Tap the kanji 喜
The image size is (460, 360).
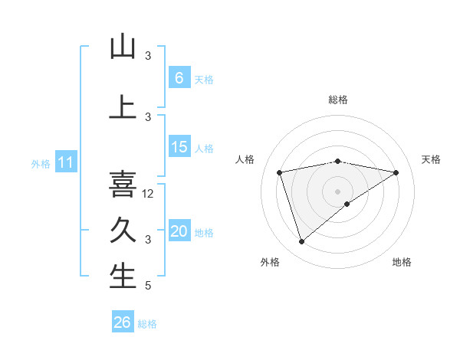123,185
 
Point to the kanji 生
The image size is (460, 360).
123,277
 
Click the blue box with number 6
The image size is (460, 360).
179,77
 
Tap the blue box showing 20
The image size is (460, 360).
179,231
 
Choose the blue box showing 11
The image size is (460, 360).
66,162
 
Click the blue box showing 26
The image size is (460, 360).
123,322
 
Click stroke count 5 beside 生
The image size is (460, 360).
148,286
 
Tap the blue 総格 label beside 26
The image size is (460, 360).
148,324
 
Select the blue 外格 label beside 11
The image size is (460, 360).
40,163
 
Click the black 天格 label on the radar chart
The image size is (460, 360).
431,159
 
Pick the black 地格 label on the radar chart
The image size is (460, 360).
402,262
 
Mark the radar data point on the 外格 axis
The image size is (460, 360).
301,242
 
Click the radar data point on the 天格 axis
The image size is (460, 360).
396,172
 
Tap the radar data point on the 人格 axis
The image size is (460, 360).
280,172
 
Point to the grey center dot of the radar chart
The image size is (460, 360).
337,191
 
